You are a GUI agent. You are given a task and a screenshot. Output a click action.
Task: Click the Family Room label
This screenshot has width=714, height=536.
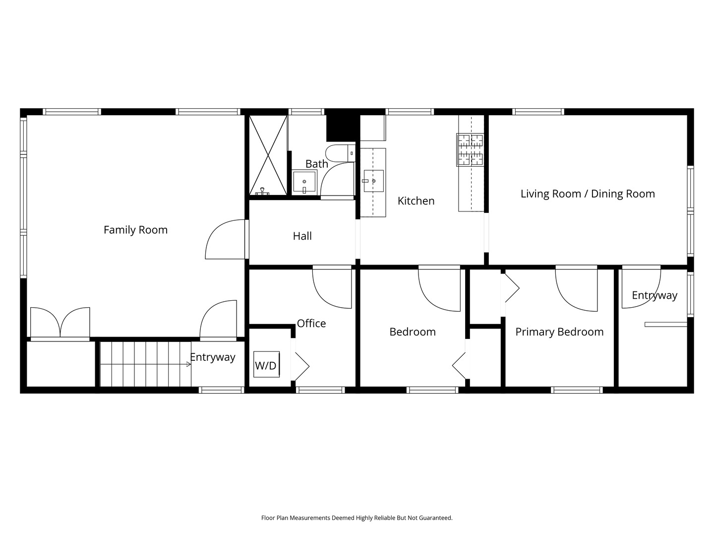tap(135, 230)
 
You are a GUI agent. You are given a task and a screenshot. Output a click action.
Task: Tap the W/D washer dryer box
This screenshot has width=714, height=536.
tap(266, 364)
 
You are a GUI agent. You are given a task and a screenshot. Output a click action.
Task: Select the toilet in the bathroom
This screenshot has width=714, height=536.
tap(340, 153)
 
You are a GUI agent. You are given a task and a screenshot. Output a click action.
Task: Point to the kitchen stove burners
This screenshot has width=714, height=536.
tap(471, 150)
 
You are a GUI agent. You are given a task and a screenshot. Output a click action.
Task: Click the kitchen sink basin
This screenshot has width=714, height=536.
tap(373, 181)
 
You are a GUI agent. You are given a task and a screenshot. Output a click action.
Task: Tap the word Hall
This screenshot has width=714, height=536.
tap(302, 236)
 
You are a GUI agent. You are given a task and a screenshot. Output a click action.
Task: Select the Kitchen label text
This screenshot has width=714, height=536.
tap(416, 201)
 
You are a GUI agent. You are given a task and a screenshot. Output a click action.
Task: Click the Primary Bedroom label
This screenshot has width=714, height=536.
tap(559, 332)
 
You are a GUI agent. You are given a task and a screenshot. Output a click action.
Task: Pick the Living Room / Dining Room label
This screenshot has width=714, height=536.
tap(588, 194)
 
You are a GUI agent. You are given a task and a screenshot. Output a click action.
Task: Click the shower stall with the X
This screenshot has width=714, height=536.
tap(268, 155)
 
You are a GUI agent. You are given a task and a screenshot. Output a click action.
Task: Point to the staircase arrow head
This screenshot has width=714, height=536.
tap(189, 364)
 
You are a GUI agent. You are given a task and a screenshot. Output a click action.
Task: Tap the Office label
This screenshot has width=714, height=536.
tap(311, 323)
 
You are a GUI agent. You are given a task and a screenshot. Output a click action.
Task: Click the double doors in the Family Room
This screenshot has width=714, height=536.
tap(60, 323)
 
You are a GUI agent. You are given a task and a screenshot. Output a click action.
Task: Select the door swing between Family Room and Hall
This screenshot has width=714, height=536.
tap(225, 239)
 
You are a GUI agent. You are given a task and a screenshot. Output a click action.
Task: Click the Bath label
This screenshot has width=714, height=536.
tap(316, 164)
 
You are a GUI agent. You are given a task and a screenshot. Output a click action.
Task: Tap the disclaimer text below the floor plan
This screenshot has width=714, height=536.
tap(357, 518)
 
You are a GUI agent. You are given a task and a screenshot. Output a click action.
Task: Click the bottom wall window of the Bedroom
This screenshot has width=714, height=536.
tap(433, 390)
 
